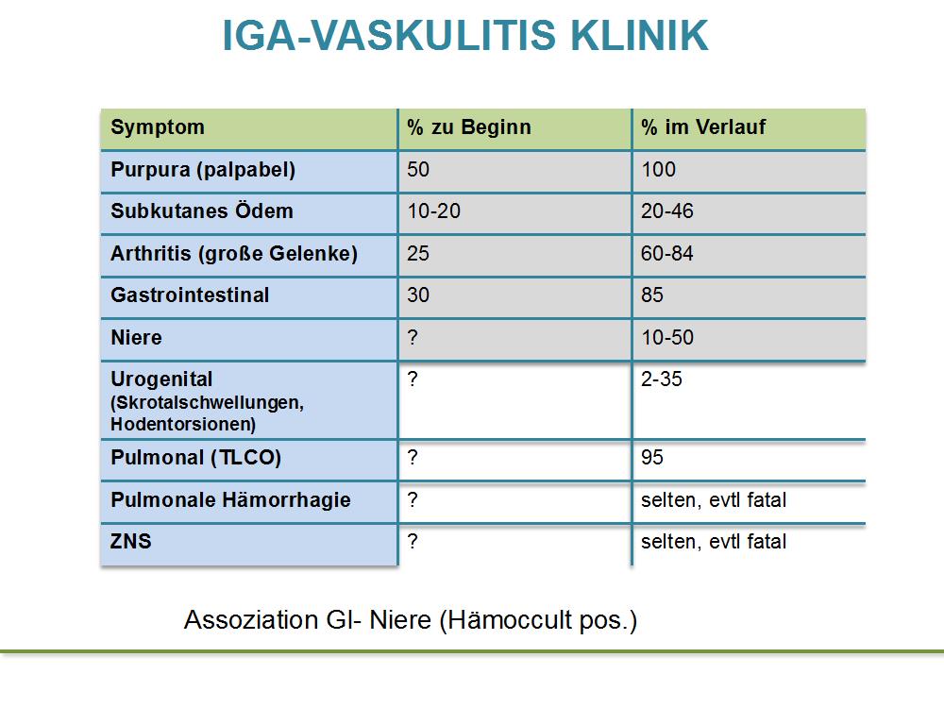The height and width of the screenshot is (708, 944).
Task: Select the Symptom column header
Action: (x=158, y=127)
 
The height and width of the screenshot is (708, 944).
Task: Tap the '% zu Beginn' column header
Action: (x=469, y=127)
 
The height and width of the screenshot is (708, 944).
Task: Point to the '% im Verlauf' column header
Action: (x=703, y=127)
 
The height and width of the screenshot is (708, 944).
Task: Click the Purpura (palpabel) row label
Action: (x=203, y=170)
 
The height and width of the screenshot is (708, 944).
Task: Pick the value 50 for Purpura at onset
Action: (x=418, y=169)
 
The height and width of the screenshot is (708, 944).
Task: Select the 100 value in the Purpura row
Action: (x=658, y=169)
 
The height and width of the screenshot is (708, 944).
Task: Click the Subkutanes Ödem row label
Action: (x=202, y=211)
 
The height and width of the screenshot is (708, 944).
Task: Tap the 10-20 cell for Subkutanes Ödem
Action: (x=433, y=211)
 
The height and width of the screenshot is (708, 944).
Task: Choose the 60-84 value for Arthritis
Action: (x=667, y=253)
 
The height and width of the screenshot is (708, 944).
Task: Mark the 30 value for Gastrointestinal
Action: (x=418, y=295)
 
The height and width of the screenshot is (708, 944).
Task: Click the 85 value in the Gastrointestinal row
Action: (x=652, y=295)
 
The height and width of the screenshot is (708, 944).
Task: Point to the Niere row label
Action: (x=136, y=337)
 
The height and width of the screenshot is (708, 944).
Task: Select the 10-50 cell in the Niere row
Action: (x=667, y=337)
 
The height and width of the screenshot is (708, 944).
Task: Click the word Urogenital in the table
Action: (x=161, y=379)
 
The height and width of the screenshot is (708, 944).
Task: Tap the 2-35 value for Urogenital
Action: (x=661, y=379)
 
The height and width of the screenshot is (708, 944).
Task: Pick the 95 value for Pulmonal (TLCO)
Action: (x=652, y=458)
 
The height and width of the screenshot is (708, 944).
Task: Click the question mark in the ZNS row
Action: (x=413, y=541)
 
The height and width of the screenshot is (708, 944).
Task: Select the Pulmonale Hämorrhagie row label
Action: (x=230, y=499)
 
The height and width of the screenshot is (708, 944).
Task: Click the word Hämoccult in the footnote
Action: (x=510, y=619)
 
